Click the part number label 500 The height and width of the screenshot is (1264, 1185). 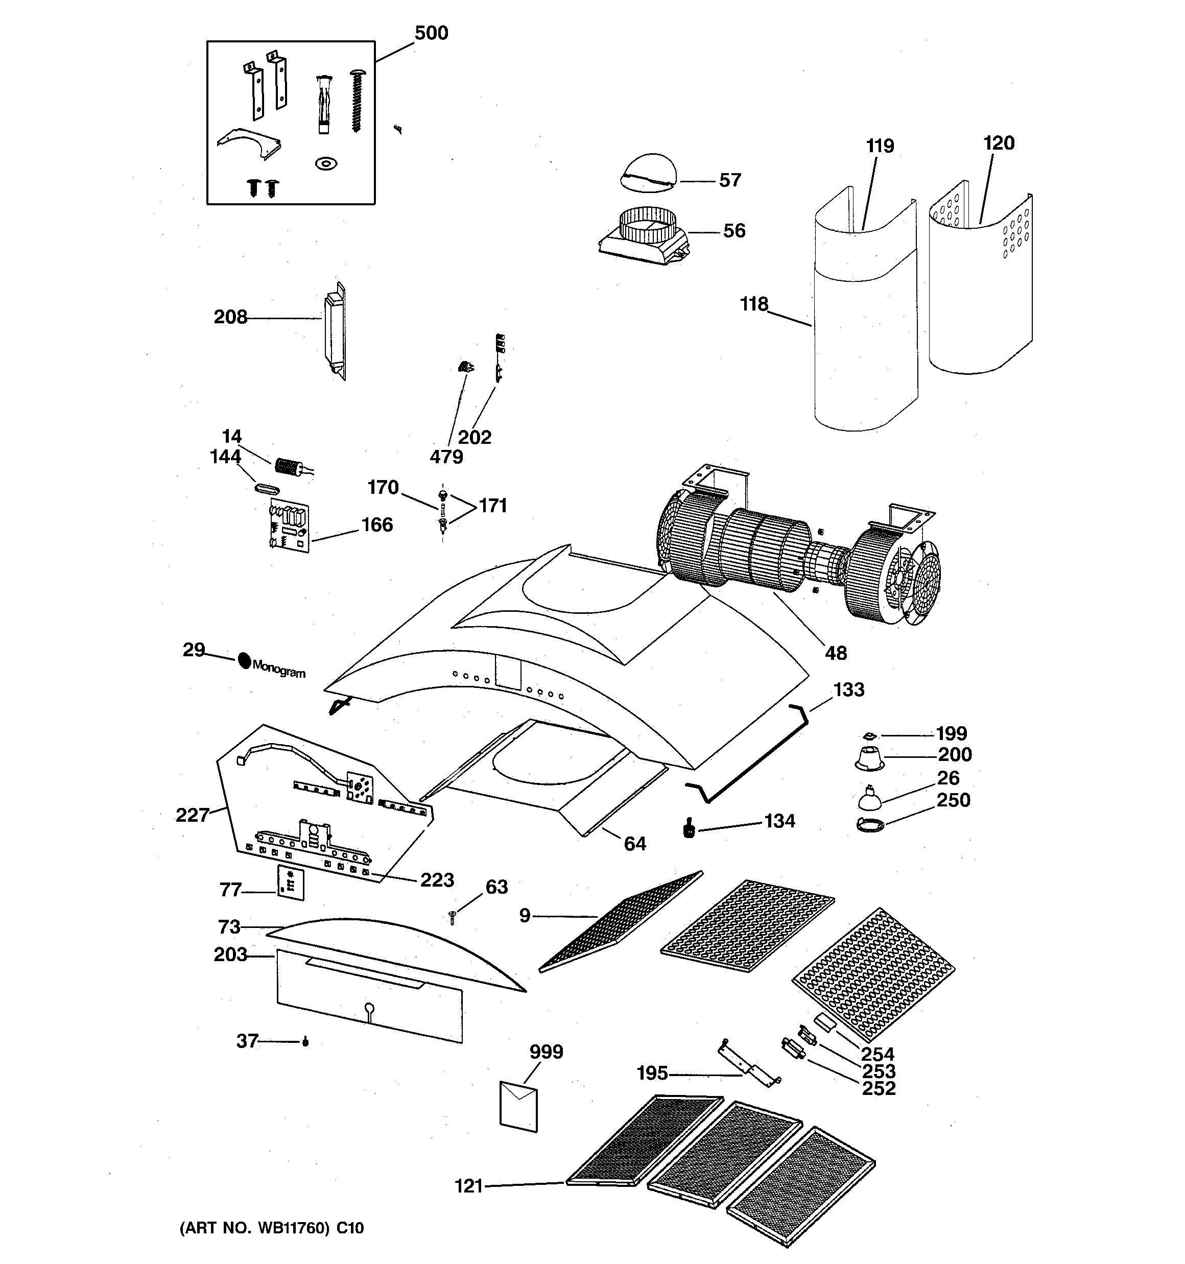(431, 33)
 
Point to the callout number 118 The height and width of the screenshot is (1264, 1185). (754, 304)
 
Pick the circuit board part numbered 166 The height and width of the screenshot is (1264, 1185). (290, 525)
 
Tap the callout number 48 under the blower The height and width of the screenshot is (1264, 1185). (836, 653)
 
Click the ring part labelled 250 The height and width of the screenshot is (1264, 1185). (871, 825)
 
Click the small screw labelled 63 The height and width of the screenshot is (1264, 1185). (452, 916)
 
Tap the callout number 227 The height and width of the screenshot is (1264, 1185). (192, 815)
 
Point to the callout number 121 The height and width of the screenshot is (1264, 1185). (469, 1186)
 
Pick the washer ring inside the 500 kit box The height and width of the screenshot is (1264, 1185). (326, 164)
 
